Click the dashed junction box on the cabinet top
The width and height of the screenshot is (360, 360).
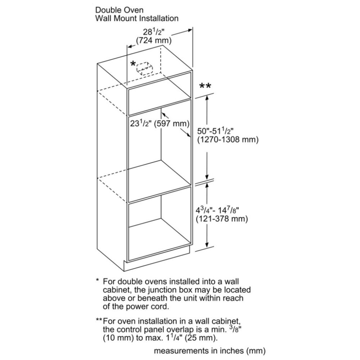tap(145, 68)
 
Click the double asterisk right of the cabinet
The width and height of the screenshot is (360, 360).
tap(205, 86)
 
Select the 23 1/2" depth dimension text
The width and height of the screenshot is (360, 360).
tap(140, 124)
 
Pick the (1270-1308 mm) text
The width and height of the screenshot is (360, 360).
tap(228, 140)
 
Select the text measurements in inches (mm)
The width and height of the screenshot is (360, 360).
tap(210, 350)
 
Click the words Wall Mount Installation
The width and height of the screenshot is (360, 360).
tap(136, 18)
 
